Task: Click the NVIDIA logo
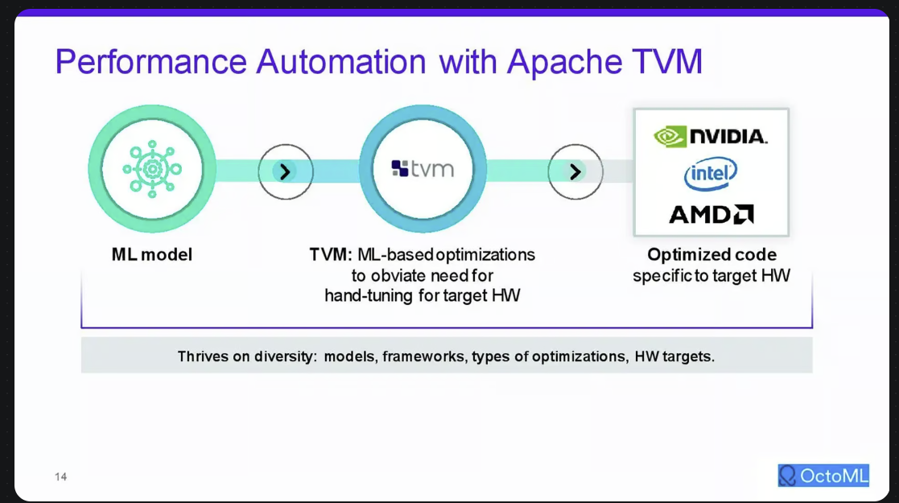coord(711,137)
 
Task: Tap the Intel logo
coord(711,173)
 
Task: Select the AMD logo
coord(711,214)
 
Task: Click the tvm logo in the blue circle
coord(423,169)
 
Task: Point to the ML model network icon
coord(152,169)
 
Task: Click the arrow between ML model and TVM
coord(286,171)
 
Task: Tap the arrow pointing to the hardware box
coord(575,171)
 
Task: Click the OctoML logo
coord(823,476)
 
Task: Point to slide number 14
coord(61,476)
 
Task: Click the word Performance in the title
coord(151,62)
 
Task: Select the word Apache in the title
coord(564,62)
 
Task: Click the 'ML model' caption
coord(152,254)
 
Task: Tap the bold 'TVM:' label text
coord(331,254)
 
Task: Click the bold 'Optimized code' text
coord(712,254)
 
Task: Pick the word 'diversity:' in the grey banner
coord(286,357)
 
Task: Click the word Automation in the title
coord(341,62)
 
